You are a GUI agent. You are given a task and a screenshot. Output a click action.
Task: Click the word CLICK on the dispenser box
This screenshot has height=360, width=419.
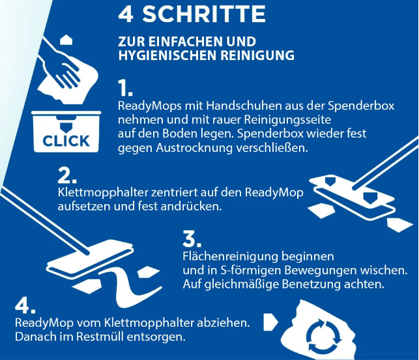(66, 141)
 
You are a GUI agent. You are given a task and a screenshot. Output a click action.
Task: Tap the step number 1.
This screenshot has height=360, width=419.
(125, 88)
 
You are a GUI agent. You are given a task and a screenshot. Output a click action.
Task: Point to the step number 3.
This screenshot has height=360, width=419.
(192, 239)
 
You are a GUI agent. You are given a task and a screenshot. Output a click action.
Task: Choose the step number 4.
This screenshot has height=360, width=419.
(25, 306)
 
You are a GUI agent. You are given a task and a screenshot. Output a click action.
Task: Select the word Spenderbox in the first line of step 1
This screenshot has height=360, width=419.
(361, 106)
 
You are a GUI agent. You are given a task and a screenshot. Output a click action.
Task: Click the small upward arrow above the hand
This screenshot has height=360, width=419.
(66, 40)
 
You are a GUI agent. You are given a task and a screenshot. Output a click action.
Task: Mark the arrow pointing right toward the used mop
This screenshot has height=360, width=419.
(270, 322)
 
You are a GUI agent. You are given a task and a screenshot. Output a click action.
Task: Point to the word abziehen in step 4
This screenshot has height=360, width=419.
(224, 323)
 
